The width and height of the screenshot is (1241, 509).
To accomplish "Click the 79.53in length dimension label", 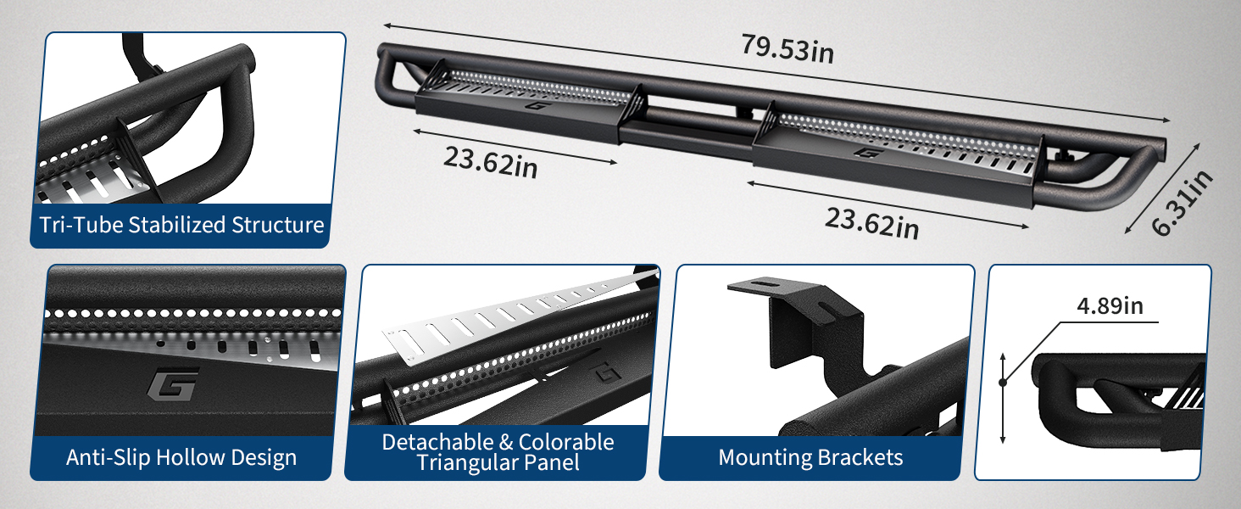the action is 787,49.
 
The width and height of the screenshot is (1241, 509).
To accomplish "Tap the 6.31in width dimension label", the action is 1182,204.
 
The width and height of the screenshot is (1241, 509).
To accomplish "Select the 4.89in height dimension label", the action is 1110,306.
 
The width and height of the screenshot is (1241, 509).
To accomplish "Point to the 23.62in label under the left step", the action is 490,162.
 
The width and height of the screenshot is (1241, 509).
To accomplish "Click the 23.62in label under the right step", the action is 871,223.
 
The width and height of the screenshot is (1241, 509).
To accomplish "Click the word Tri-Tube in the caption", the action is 81,225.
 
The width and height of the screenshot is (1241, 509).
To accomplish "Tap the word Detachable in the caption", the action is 437,442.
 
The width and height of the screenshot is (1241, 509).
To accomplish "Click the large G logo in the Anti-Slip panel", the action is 173,383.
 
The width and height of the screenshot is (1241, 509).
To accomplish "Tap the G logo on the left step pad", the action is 535,105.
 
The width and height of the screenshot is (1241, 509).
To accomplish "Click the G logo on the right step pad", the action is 865,152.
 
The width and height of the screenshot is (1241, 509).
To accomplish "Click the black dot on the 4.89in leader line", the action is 1002,383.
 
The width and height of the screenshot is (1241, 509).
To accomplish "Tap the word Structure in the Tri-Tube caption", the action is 277,225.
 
